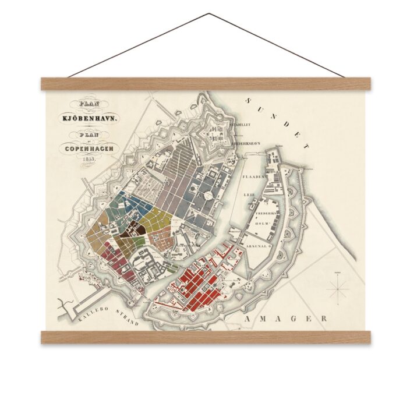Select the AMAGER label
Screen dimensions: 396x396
(x=286, y=320)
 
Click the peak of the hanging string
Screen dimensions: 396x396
(x=207, y=14)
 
